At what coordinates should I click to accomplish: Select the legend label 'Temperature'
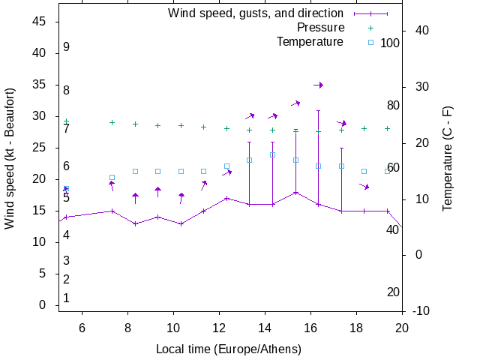tap(310, 41)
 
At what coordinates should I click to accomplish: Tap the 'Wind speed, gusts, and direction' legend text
tap(255, 13)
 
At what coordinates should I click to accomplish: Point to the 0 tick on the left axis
tap(43, 305)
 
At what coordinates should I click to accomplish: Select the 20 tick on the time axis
tap(402, 327)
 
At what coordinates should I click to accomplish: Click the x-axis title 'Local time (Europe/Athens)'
tap(229, 349)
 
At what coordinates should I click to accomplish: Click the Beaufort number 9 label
tap(67, 47)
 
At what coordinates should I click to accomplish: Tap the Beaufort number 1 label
tap(67, 298)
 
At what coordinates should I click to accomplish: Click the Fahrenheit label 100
tap(390, 43)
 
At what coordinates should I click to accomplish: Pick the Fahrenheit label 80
tap(393, 105)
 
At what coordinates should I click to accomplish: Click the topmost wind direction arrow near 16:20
tap(318, 85)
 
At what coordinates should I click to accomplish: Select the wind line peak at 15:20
tap(295, 192)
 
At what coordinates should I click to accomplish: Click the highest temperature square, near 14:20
tap(272, 155)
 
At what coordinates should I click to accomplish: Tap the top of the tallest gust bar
tap(318, 110)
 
